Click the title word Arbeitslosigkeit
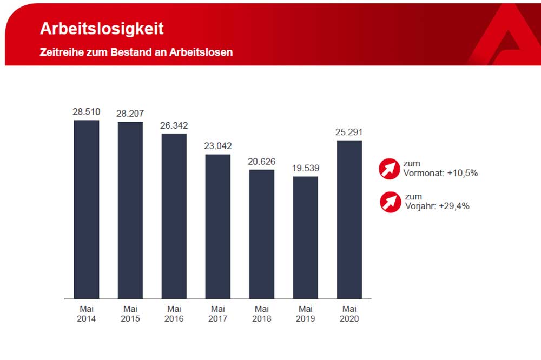pos(102,29)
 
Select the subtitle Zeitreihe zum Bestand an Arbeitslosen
pos(136,52)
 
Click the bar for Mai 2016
pos(174,216)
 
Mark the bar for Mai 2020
pos(349,219)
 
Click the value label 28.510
pos(87,112)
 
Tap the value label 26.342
pos(174,125)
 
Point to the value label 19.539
pos(306,168)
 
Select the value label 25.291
pos(349,132)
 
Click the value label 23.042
pos(218,146)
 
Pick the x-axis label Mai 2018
pos(262,314)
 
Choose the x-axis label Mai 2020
pos(349,314)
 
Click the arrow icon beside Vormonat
pos(389,169)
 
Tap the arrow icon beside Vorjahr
pos(389,202)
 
